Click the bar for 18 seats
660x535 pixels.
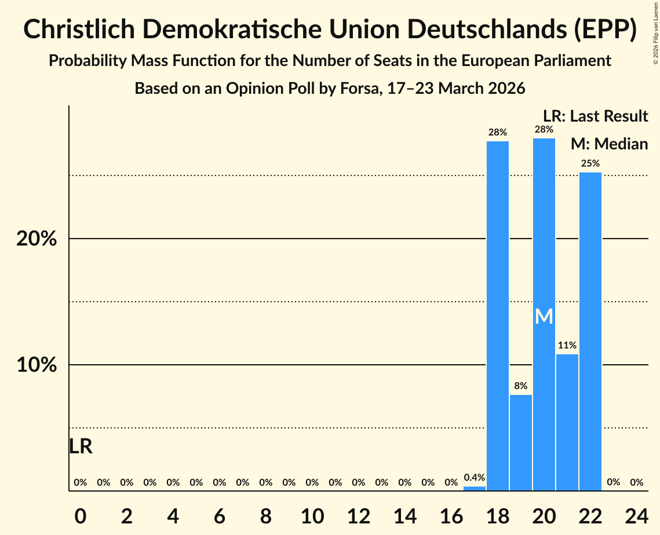(498, 316)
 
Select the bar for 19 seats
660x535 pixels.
(521, 442)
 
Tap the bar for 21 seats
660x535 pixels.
(567, 422)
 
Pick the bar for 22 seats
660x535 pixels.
(590, 331)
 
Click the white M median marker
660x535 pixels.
(544, 316)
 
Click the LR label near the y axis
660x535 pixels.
(81, 446)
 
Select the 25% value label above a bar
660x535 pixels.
(590, 163)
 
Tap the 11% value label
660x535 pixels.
(567, 345)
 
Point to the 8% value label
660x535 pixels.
(521, 386)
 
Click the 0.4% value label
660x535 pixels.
(475, 478)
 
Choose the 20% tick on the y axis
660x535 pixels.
(37, 239)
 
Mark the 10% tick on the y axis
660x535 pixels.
(37, 365)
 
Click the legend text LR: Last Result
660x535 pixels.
(595, 116)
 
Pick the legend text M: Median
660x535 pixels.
(609, 144)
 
